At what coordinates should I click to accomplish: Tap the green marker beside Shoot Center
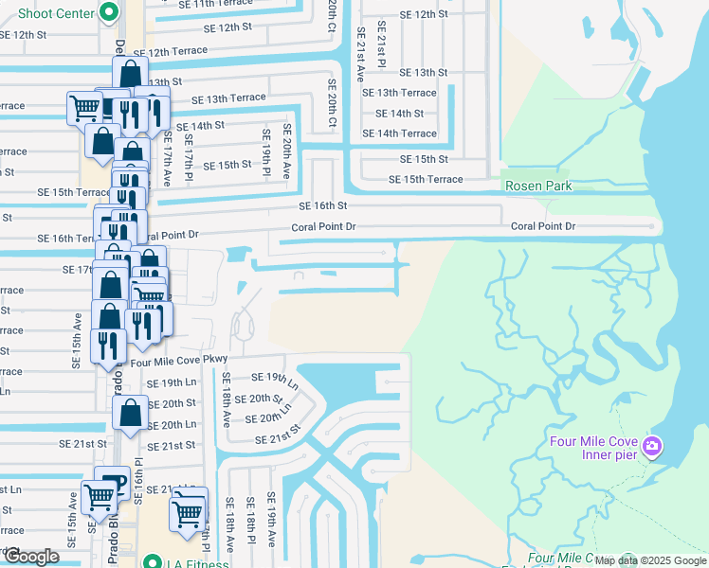[108, 13]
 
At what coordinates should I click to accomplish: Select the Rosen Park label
[537, 186]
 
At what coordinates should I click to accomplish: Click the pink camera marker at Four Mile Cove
[652, 446]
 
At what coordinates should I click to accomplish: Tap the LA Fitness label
[197, 562]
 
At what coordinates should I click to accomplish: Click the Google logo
[31, 557]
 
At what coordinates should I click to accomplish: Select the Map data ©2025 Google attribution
[649, 560]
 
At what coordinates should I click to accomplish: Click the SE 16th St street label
[323, 205]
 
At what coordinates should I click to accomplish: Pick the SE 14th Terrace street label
[406, 133]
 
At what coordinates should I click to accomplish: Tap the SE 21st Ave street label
[361, 56]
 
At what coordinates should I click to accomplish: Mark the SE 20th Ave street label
[284, 153]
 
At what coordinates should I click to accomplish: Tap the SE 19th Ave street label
[271, 522]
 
